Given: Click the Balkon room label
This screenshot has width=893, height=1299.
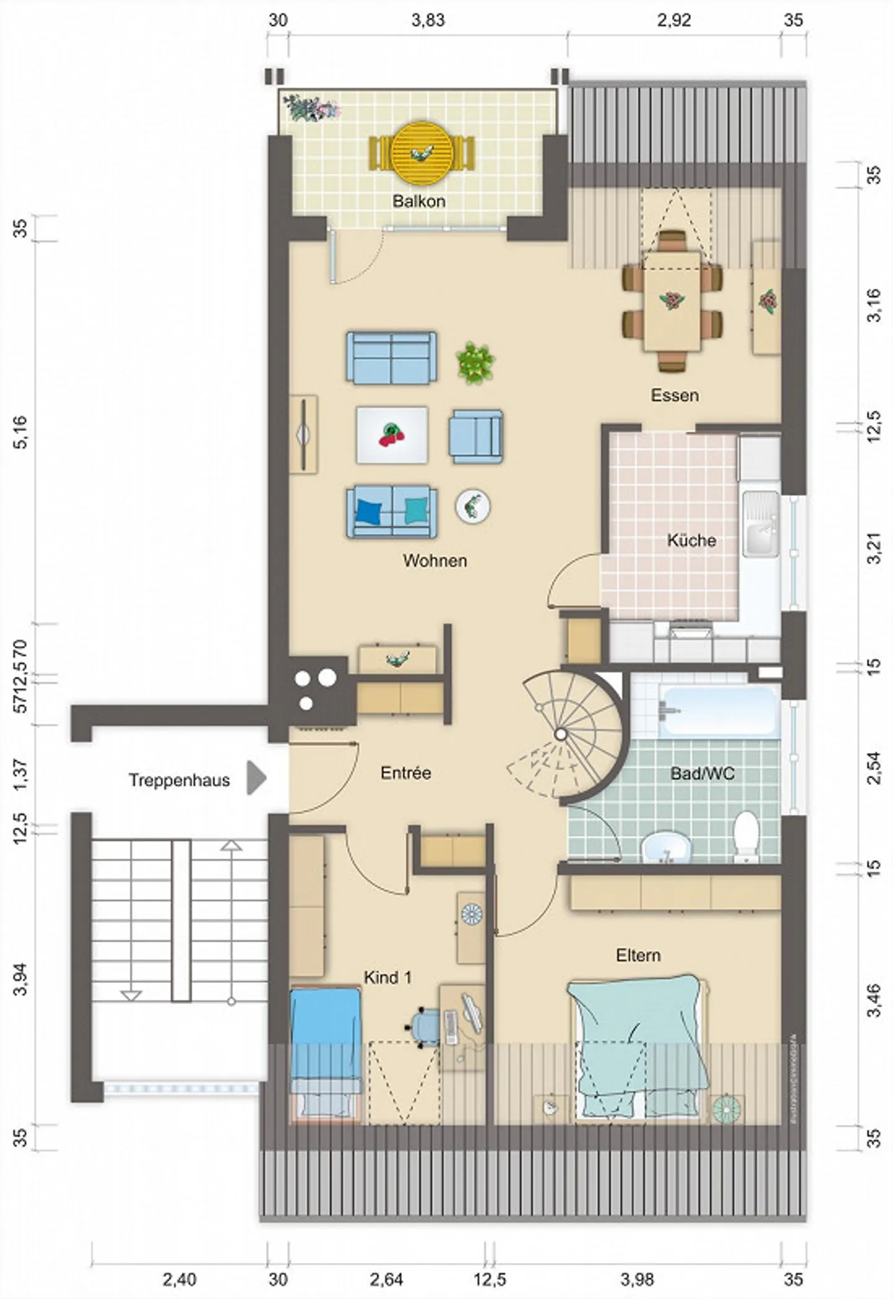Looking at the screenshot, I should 419,201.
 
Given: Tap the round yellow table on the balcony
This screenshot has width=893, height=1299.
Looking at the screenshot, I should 422,153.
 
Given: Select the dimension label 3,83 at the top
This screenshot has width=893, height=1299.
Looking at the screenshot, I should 428,20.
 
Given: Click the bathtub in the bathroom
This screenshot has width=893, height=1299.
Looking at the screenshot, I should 718,711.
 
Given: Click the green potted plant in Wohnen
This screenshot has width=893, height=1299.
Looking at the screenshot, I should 476,362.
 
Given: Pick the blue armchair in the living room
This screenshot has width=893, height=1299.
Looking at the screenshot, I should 476,436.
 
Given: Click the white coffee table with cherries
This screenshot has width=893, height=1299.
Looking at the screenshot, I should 391,435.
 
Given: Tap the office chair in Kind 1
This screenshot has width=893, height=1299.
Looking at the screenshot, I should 427,1027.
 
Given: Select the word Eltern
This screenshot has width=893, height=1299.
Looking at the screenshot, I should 638,955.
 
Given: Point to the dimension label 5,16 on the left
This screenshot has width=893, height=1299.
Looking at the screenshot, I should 21,432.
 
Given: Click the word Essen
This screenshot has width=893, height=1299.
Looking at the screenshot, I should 675,396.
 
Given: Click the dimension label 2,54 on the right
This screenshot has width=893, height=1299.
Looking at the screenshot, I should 873,768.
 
